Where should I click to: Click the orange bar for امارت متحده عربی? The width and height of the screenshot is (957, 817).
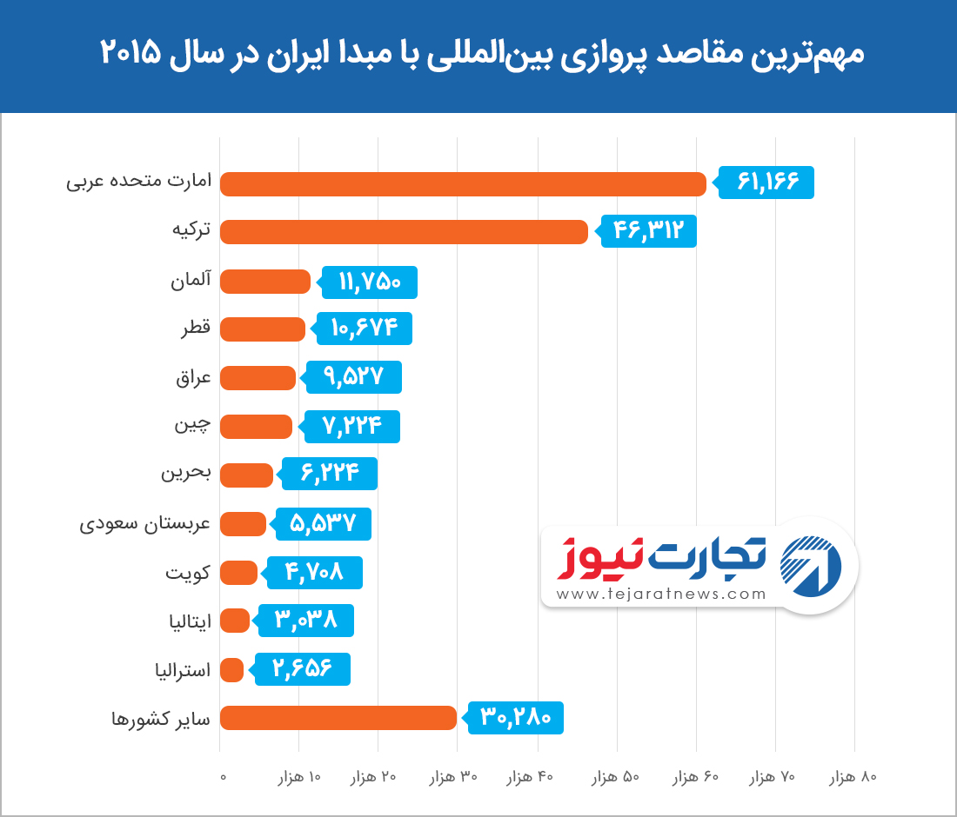pos(463,184)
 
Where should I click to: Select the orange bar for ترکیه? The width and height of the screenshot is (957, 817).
pos(404,232)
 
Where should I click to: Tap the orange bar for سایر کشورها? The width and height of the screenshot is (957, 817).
pos(338,718)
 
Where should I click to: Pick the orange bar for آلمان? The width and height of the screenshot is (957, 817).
pos(265,282)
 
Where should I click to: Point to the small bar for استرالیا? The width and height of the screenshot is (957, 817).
pos(231,670)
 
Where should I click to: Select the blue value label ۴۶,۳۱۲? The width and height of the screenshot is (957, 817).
pos(650,231)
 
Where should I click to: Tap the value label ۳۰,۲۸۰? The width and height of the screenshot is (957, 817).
pos(517,718)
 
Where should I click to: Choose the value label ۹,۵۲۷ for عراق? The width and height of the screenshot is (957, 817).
pos(355,377)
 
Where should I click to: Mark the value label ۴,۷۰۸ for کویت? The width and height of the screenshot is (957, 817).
pos(316,573)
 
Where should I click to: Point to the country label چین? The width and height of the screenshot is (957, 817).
pos(192,426)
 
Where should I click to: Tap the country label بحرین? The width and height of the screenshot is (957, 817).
pos(185,475)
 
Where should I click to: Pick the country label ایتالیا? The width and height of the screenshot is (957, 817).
pos(189,621)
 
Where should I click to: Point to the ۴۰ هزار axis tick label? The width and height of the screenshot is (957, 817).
pos(530,777)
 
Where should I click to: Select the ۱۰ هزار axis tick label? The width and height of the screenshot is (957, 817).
pos(298,777)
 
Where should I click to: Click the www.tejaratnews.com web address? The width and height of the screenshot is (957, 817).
pos(661,594)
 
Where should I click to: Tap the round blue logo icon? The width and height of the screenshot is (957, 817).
pos(811,566)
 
